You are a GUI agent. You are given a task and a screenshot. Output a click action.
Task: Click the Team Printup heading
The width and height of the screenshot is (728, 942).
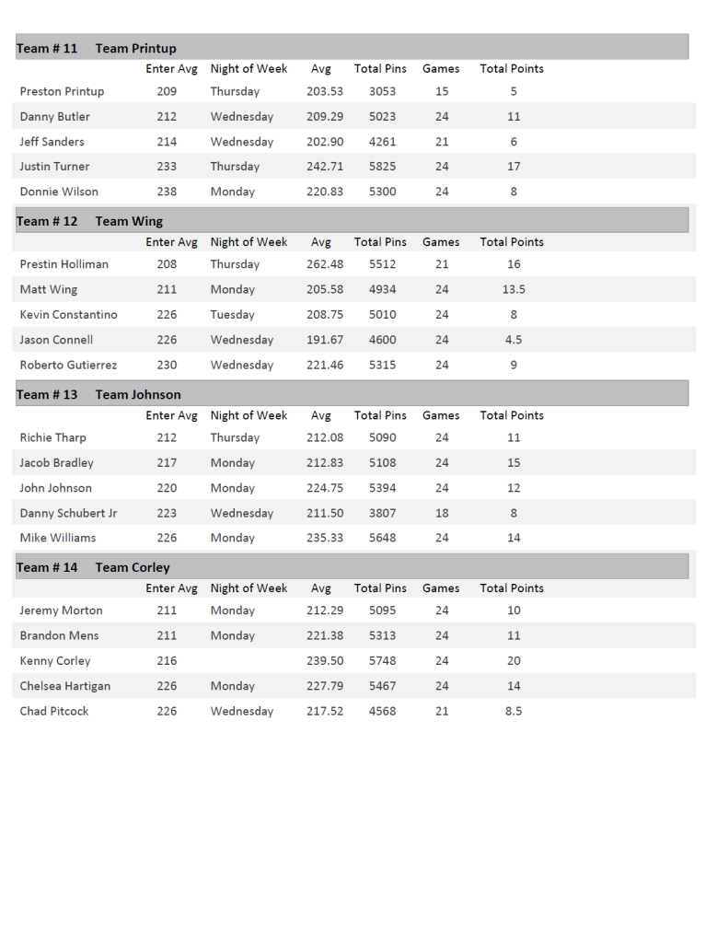pos(135,48)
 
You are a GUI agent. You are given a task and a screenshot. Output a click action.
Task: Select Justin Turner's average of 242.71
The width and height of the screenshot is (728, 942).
pos(324,167)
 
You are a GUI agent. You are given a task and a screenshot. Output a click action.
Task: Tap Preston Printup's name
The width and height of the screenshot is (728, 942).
pos(62,91)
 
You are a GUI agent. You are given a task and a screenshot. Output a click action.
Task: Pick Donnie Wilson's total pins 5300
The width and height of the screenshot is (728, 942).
pos(382,192)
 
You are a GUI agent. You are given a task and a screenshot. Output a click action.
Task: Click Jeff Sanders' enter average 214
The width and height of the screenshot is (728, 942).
pos(167,142)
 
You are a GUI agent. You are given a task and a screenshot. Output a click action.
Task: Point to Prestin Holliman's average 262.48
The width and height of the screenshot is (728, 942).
pos(324,264)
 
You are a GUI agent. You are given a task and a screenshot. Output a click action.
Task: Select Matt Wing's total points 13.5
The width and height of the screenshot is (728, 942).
pos(514,289)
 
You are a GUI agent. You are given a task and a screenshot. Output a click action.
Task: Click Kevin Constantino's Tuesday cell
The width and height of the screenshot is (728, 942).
pos(232,314)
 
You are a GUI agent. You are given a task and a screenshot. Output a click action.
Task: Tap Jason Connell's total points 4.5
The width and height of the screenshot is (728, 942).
pos(514,340)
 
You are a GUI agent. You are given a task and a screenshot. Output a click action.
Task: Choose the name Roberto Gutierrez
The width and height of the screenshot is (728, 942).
pos(68,365)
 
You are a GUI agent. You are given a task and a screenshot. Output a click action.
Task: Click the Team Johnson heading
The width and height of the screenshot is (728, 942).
pos(138,394)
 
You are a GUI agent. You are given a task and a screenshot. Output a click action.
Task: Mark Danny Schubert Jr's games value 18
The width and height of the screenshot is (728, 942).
pos(442,513)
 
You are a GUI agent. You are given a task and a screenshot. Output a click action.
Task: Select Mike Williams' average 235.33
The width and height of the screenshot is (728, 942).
pos(324,538)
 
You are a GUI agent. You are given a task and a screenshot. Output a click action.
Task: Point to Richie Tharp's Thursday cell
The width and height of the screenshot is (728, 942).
pos(235,437)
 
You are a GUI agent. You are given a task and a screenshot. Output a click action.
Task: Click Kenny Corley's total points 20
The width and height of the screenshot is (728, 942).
pos(514,660)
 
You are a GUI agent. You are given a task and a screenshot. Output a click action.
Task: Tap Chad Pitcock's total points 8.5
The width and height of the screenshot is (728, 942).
pos(514,711)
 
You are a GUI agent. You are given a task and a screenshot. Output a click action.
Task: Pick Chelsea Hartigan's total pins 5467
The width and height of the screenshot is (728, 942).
pos(382,686)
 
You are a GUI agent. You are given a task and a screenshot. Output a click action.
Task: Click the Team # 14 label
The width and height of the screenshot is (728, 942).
pos(47,567)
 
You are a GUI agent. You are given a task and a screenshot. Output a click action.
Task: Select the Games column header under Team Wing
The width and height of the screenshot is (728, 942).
pos(441,242)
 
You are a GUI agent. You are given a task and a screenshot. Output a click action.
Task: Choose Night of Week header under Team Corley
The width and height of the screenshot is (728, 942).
pos(248,588)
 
